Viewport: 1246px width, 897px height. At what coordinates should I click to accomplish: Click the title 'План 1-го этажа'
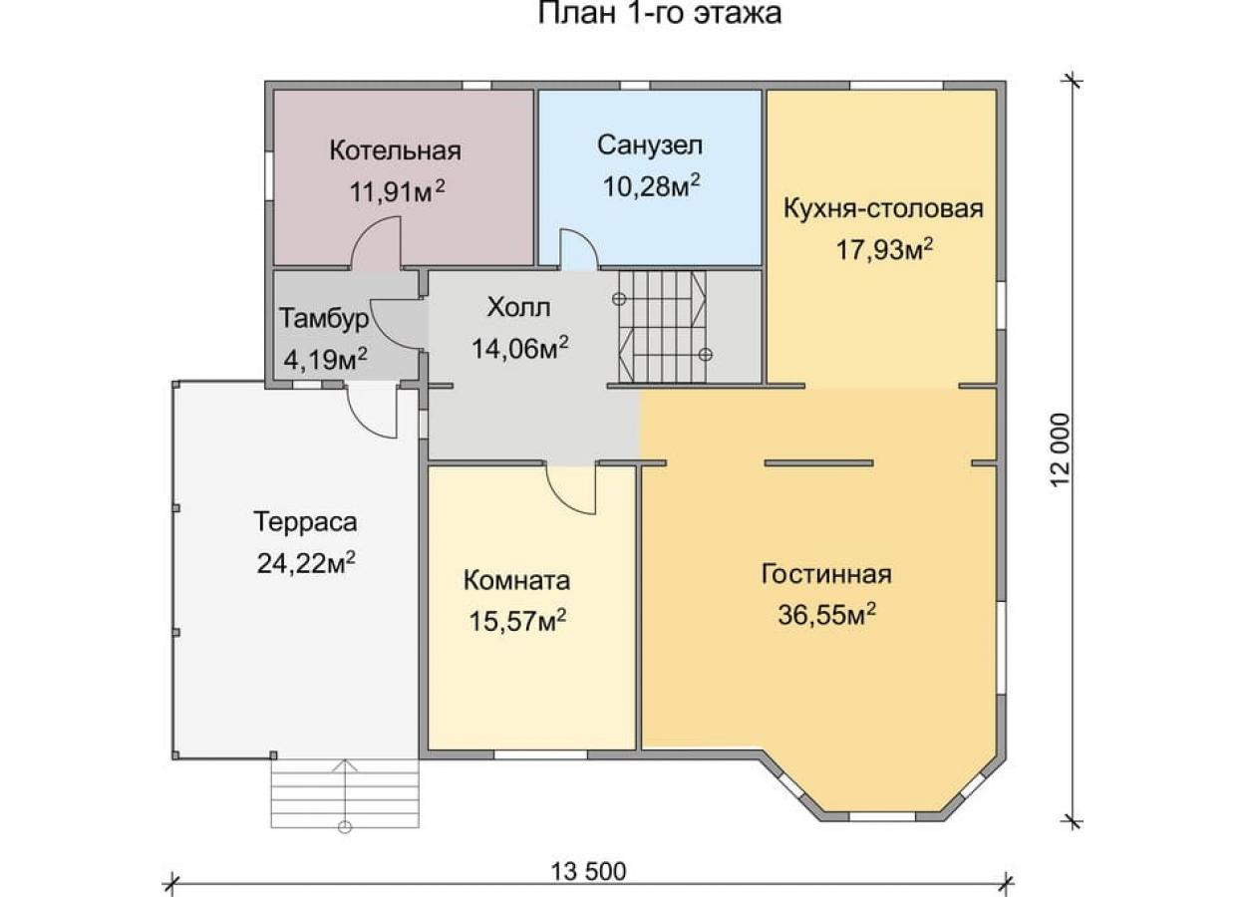(x=659, y=13)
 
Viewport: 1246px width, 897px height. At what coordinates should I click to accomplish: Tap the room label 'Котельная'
(x=396, y=150)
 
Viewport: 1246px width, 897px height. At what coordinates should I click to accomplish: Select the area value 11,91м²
(x=397, y=191)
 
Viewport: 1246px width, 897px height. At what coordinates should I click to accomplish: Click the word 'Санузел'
(x=650, y=146)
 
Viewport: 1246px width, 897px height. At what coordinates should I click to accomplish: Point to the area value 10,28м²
(x=651, y=186)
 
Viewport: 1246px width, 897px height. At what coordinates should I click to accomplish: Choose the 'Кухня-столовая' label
(x=883, y=208)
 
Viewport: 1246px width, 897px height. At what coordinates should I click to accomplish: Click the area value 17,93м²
(x=884, y=250)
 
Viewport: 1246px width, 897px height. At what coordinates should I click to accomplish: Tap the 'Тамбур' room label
(x=324, y=319)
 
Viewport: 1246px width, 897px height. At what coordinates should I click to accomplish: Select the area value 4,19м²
(x=325, y=360)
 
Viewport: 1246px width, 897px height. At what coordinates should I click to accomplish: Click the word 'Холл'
(x=519, y=308)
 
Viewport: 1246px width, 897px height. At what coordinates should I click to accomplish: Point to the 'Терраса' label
(x=305, y=522)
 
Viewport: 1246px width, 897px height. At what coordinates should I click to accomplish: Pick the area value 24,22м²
(x=306, y=564)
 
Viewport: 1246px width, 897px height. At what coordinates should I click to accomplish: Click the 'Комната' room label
(x=516, y=581)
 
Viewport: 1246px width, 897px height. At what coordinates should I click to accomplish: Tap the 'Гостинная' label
(x=826, y=574)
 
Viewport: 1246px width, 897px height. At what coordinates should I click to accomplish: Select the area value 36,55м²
(x=827, y=615)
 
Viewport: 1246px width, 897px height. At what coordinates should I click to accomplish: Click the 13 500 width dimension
(x=588, y=871)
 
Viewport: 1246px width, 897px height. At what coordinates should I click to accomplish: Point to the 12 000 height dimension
(x=1061, y=450)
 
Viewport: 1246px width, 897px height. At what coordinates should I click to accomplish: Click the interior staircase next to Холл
(x=662, y=327)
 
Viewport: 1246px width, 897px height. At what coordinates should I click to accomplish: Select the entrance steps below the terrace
(x=345, y=794)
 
